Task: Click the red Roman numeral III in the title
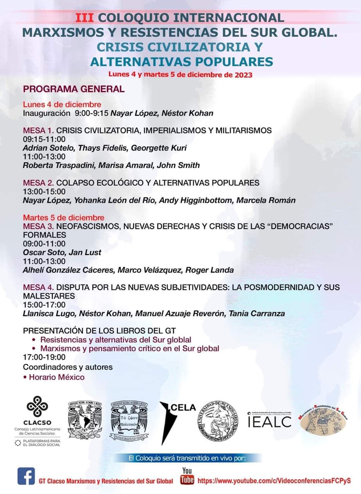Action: pos(84,18)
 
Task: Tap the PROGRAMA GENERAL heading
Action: pos(74,89)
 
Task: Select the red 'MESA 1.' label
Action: pos(38,130)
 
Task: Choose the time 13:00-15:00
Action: pos(44,192)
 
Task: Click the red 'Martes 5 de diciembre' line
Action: pos(64,218)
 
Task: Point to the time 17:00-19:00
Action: pos(44,357)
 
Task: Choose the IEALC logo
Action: pos(269,420)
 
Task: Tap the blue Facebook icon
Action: pos(26,476)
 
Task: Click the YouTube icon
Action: pos(187,476)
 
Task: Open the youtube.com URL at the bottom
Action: pos(274,481)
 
